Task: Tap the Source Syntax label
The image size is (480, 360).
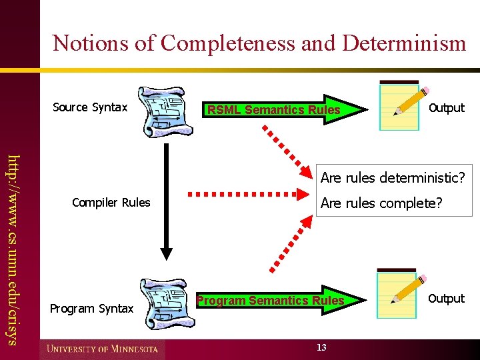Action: tap(89, 107)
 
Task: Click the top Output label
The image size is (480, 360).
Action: tap(446, 108)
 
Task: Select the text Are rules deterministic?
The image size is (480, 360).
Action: tap(392, 178)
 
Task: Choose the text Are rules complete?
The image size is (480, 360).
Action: tap(381, 203)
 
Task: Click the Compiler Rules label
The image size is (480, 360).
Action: tap(111, 203)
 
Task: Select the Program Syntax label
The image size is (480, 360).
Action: tap(92, 308)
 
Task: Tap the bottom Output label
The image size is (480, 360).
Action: tap(446, 299)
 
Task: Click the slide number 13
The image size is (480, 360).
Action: tap(322, 347)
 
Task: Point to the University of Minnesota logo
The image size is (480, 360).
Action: tap(103, 349)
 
